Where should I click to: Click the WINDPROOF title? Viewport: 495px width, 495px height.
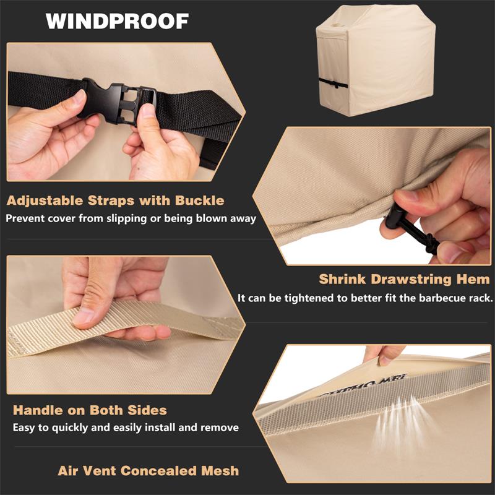click(117, 21)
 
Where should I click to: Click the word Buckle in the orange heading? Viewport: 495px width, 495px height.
click(199, 200)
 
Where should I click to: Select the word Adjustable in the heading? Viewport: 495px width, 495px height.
click(45, 201)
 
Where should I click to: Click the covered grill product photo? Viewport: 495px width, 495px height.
click(376, 60)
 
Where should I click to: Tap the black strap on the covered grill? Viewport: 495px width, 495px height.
click(333, 84)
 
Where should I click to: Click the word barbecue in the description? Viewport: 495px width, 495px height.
click(442, 298)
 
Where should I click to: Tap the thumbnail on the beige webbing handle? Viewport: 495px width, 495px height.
click(83, 318)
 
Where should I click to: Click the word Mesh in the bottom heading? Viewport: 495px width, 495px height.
click(220, 471)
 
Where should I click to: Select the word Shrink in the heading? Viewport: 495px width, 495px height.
click(342, 280)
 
